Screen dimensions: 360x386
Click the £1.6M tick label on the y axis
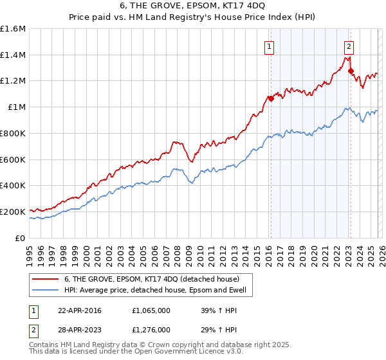click(x=13, y=29)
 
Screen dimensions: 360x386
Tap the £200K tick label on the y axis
click(x=13, y=212)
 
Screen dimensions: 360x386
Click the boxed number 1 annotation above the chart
click(x=268, y=46)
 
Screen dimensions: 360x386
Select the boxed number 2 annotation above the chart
click(x=349, y=46)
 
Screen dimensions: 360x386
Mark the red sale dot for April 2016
click(x=271, y=99)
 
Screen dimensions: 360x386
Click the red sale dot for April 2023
click(x=351, y=71)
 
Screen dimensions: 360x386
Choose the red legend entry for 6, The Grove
click(x=151, y=279)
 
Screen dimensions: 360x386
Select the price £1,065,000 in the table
click(x=152, y=310)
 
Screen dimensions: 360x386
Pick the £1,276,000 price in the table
click(x=152, y=330)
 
